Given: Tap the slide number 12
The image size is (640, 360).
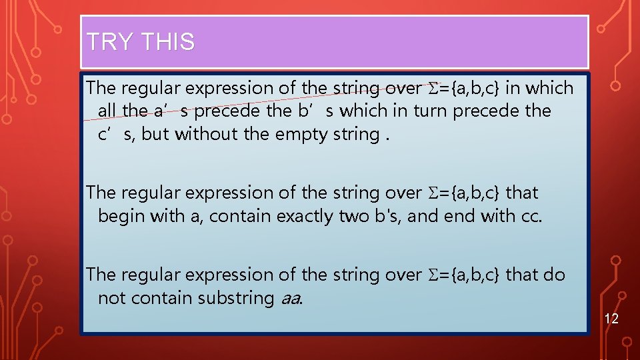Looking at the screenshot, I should (x=611, y=319).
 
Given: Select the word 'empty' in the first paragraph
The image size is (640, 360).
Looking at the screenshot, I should (x=301, y=134).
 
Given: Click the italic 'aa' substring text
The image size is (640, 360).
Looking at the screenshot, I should (x=291, y=298).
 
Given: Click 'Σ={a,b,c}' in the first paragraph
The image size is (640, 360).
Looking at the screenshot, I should (x=464, y=88).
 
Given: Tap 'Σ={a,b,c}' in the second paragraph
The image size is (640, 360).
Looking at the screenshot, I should (x=464, y=193).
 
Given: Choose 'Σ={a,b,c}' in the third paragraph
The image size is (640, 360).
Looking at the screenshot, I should (x=464, y=275).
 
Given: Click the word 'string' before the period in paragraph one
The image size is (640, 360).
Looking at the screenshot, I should (x=355, y=134).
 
